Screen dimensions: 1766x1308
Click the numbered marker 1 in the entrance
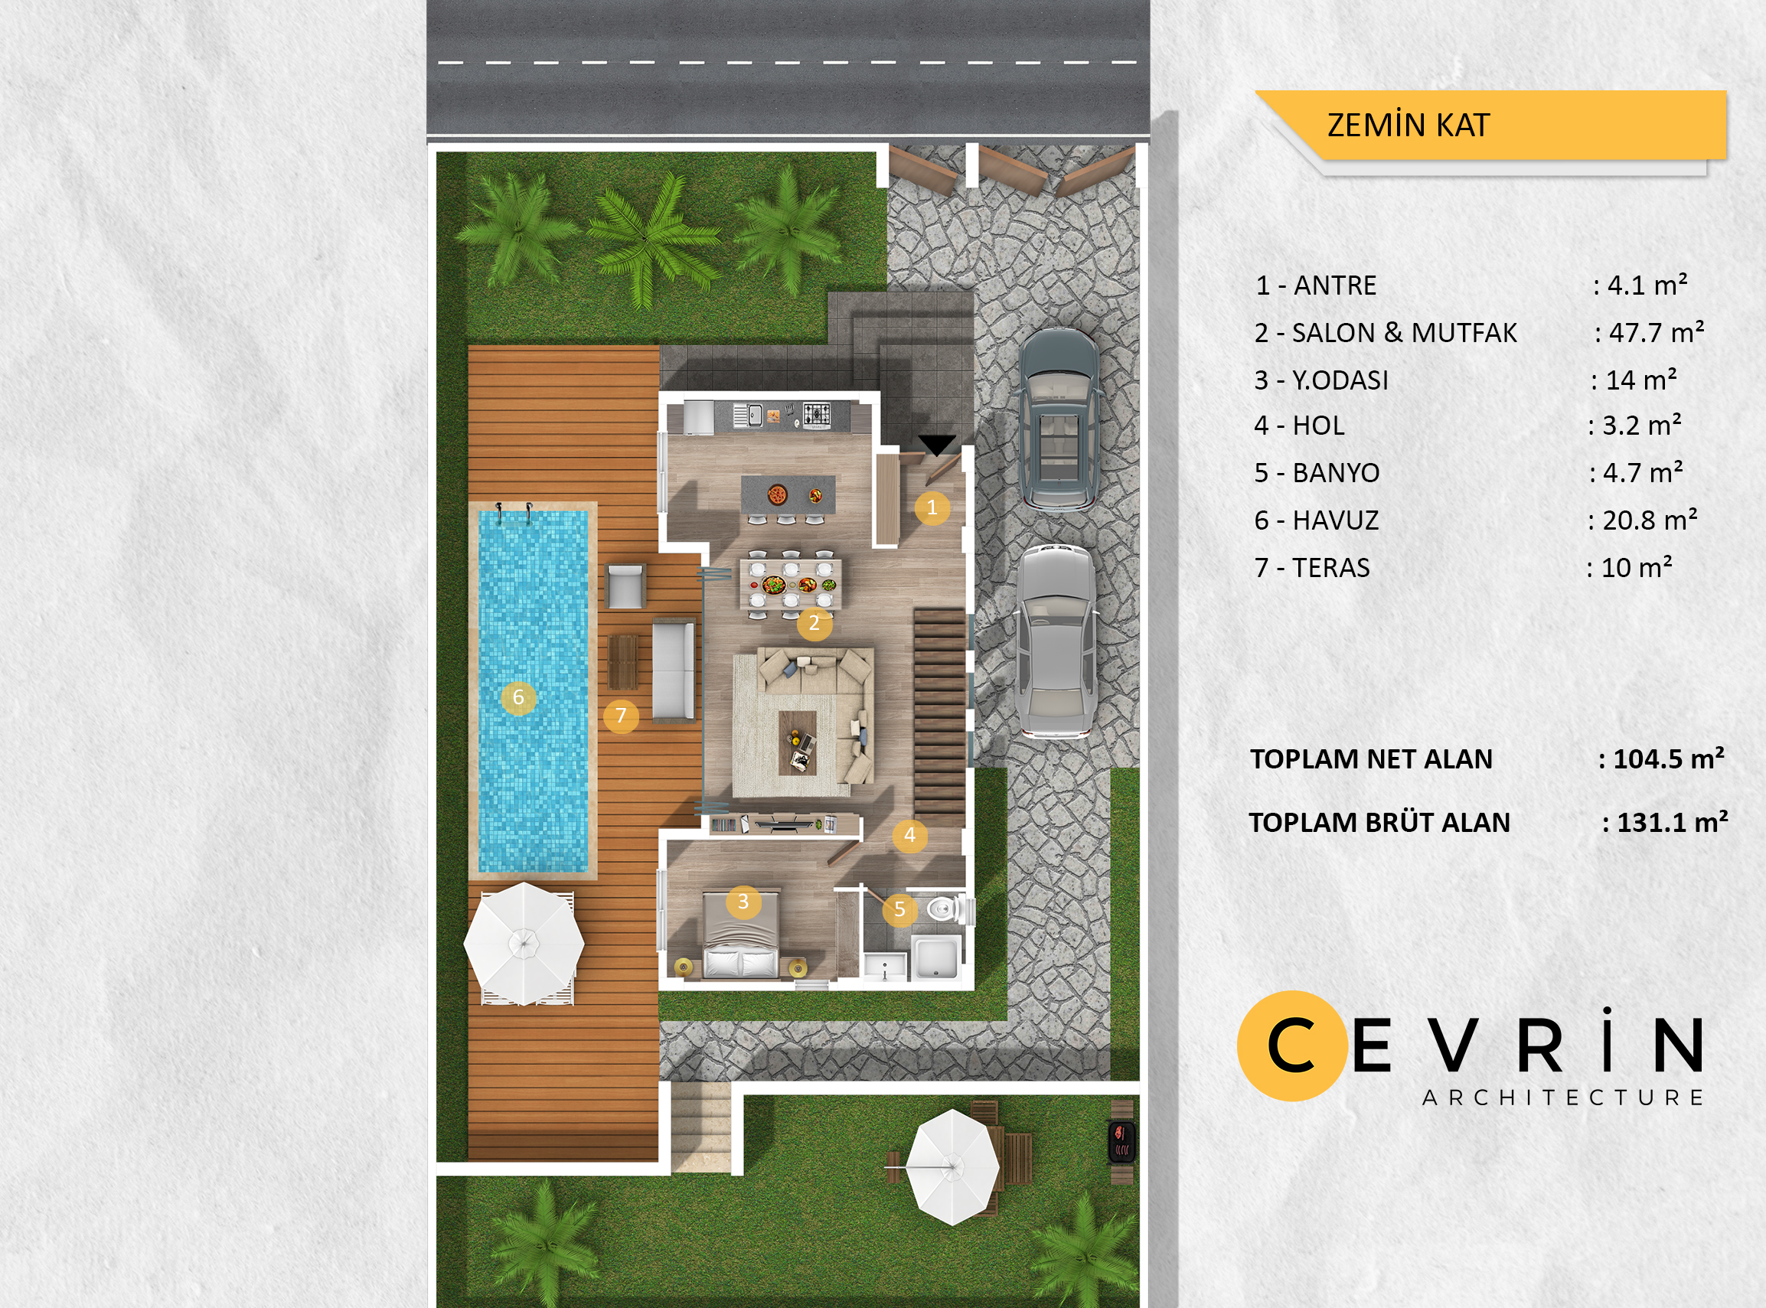coord(932,507)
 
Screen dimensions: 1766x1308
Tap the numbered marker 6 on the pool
coord(519,697)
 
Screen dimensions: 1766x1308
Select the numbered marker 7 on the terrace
coord(621,716)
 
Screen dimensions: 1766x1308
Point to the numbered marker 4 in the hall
coord(910,834)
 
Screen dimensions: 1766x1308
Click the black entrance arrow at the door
coord(937,445)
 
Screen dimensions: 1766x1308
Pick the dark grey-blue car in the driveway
coord(1058,419)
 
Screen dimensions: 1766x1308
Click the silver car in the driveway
coord(1056,641)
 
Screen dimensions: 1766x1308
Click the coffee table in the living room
coord(798,742)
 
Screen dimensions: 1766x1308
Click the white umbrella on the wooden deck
coord(524,944)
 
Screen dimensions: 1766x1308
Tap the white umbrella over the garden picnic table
coord(953,1167)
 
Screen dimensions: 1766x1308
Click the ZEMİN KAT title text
coord(1409,125)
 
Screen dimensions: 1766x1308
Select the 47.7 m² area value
coord(1656,332)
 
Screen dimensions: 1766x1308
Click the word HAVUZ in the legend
coord(1336,521)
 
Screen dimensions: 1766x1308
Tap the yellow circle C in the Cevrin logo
coord(1292,1046)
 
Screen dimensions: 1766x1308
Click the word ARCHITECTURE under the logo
coord(1563,1098)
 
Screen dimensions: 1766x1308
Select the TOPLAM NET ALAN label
coord(1371,759)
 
